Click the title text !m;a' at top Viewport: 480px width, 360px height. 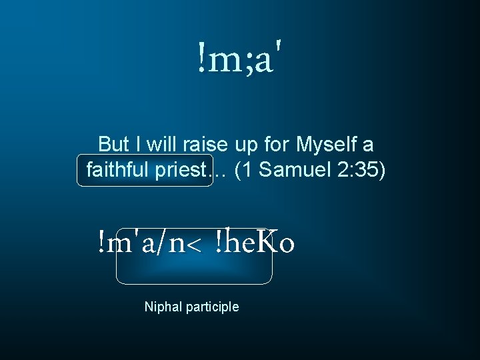pos(243,58)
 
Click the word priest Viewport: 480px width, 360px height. pos(179,170)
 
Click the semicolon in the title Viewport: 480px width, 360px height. pos(249,61)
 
